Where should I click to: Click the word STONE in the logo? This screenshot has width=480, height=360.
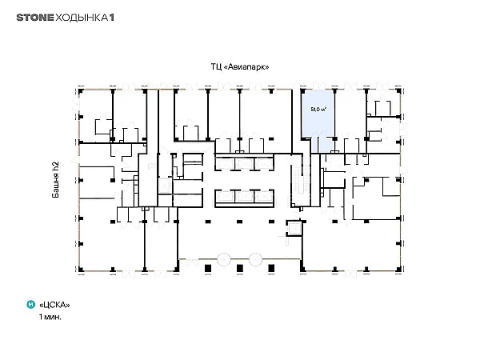(35, 18)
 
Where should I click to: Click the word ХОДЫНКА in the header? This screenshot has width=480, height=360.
(82, 18)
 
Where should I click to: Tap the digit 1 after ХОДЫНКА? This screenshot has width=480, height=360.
(112, 18)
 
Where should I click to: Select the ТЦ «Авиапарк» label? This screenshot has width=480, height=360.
(240, 66)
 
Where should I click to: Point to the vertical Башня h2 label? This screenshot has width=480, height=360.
(55, 180)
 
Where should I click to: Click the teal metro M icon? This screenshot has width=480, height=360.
(31, 305)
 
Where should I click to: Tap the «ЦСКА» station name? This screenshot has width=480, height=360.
(54, 305)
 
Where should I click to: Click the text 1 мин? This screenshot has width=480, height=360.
(50, 317)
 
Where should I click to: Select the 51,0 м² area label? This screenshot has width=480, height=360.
(318, 109)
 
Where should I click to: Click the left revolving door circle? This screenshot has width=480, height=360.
(224, 259)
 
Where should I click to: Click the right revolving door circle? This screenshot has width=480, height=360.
(255, 259)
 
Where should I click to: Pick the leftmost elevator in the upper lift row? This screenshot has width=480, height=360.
(225, 164)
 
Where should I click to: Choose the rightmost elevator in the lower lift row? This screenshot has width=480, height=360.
(264, 196)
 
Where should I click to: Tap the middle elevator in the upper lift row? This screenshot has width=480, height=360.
(244, 164)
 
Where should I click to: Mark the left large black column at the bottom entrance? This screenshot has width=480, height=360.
(208, 268)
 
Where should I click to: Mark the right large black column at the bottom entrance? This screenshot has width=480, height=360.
(271, 268)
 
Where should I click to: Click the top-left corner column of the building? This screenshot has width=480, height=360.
(81, 91)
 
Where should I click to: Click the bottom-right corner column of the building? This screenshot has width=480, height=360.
(398, 270)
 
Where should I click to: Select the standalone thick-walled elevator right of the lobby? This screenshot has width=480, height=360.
(294, 228)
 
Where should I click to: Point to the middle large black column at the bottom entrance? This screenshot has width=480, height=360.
(240, 268)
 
